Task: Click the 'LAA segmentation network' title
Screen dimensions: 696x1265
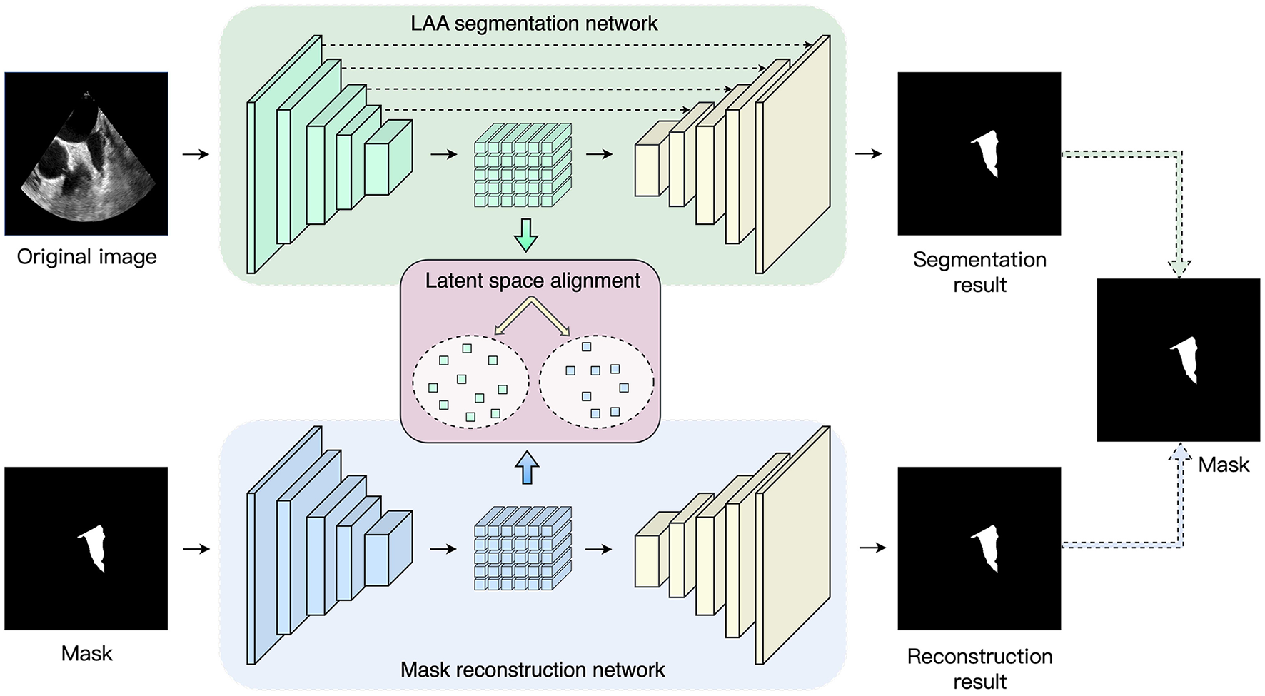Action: (x=533, y=24)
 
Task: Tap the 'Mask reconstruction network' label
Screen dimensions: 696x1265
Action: (x=533, y=670)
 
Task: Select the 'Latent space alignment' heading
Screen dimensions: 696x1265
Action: (x=533, y=281)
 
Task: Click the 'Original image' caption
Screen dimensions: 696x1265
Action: (x=86, y=257)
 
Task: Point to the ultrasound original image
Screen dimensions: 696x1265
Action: (x=86, y=153)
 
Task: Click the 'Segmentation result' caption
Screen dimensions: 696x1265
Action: (x=979, y=272)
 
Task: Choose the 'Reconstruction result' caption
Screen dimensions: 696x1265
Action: (x=979, y=668)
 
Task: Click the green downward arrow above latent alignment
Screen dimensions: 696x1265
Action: (x=526, y=235)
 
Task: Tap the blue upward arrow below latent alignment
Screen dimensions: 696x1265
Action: (x=528, y=468)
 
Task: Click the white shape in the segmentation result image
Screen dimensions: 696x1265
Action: (x=987, y=153)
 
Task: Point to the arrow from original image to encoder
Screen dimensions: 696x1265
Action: (x=196, y=154)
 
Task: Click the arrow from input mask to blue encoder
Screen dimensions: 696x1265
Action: (x=196, y=549)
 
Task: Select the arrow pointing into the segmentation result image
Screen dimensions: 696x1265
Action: (x=868, y=153)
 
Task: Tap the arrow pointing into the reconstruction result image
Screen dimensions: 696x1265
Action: (x=872, y=548)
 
